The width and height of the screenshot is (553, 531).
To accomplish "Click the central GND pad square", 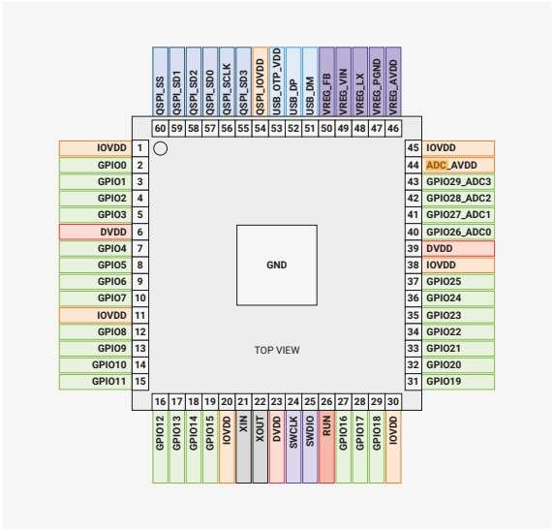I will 277,265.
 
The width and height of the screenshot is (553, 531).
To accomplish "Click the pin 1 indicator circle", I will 162,149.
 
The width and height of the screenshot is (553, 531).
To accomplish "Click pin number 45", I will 413,148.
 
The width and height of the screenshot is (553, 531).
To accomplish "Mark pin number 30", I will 392,401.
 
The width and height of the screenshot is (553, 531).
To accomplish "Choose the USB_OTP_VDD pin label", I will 277,82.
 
